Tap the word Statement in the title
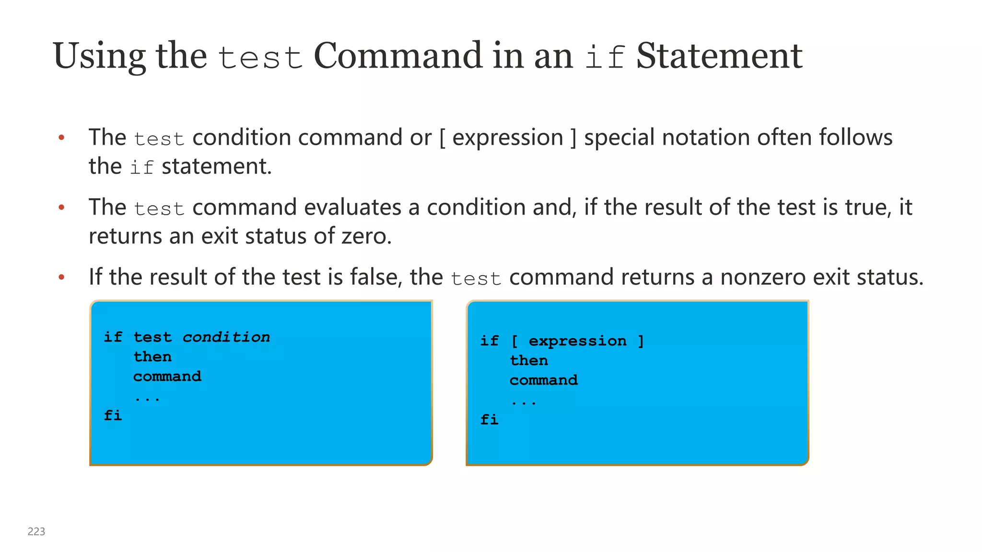pos(719,56)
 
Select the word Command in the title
pos(397,56)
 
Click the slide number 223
pos(36,531)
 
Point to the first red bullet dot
pos(61,138)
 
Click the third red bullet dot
pos(61,277)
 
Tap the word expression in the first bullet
pos(507,138)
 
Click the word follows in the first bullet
pos(855,137)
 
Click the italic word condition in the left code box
pos(226,337)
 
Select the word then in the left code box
pos(152,357)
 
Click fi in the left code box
pos(113,415)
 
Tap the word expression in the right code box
pos(577,341)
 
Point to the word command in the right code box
pos(544,380)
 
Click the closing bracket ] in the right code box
pos(641,341)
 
